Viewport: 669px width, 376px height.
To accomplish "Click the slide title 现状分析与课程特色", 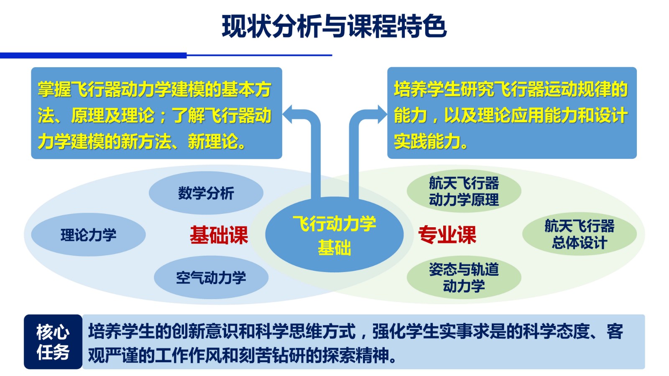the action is click(334, 26).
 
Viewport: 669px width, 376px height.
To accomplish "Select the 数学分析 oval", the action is click(206, 193).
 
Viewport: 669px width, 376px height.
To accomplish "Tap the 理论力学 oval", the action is click(88, 234).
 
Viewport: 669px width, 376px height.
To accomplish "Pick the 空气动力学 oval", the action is click(211, 277).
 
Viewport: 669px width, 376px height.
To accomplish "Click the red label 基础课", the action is click(219, 235).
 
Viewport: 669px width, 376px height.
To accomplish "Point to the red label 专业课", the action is click(447, 235).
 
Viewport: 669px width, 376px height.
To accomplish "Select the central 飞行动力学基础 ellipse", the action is click(334, 234).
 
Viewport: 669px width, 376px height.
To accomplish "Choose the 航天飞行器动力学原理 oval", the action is click(464, 191).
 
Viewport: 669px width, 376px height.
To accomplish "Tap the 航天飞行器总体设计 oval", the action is click(580, 234).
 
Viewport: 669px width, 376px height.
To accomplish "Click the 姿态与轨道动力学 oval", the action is click(464, 277).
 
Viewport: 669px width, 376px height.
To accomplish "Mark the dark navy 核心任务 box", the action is click(53, 342).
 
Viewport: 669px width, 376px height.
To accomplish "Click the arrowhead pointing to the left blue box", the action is click(288, 114).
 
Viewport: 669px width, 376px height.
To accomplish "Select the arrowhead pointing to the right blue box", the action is click(382, 114).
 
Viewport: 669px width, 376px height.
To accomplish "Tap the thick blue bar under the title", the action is click(93, 56).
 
